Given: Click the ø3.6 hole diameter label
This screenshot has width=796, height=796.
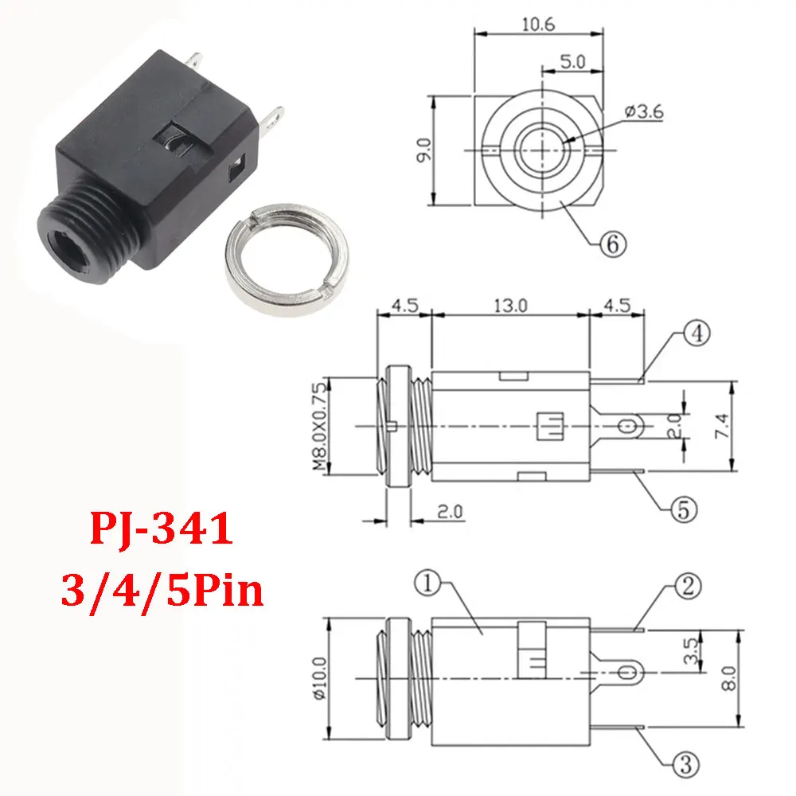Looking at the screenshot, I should click(644, 112).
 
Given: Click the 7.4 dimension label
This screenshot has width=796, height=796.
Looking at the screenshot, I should click(744, 430).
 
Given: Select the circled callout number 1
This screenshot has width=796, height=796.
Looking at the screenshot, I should click(431, 586).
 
